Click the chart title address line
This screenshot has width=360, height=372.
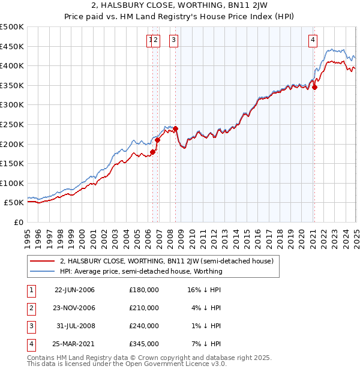pyautogui.click(x=179, y=6)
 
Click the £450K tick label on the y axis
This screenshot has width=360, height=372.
pyautogui.click(x=12, y=46)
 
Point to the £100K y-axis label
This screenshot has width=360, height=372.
pyautogui.click(x=12, y=183)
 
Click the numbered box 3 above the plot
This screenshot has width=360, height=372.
pyautogui.click(x=173, y=40)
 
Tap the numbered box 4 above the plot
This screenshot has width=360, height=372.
pyautogui.click(x=313, y=40)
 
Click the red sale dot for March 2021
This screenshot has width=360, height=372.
pyautogui.click(x=314, y=87)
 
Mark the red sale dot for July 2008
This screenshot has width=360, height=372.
pyautogui.click(x=176, y=128)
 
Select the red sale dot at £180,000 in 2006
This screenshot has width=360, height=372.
pyautogui.click(x=153, y=152)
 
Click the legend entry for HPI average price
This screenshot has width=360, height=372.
pyautogui.click(x=141, y=271)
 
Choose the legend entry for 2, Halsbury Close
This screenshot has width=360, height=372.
pyautogui.click(x=167, y=261)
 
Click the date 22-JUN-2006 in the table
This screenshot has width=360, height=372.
pyautogui.click(x=74, y=290)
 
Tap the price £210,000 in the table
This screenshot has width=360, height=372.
pyautogui.click(x=144, y=308)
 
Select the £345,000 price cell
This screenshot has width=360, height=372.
pyautogui.click(x=144, y=344)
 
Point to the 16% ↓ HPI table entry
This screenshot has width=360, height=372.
pyautogui.click(x=204, y=290)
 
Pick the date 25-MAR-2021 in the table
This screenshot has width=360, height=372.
pyautogui.click(x=74, y=344)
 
